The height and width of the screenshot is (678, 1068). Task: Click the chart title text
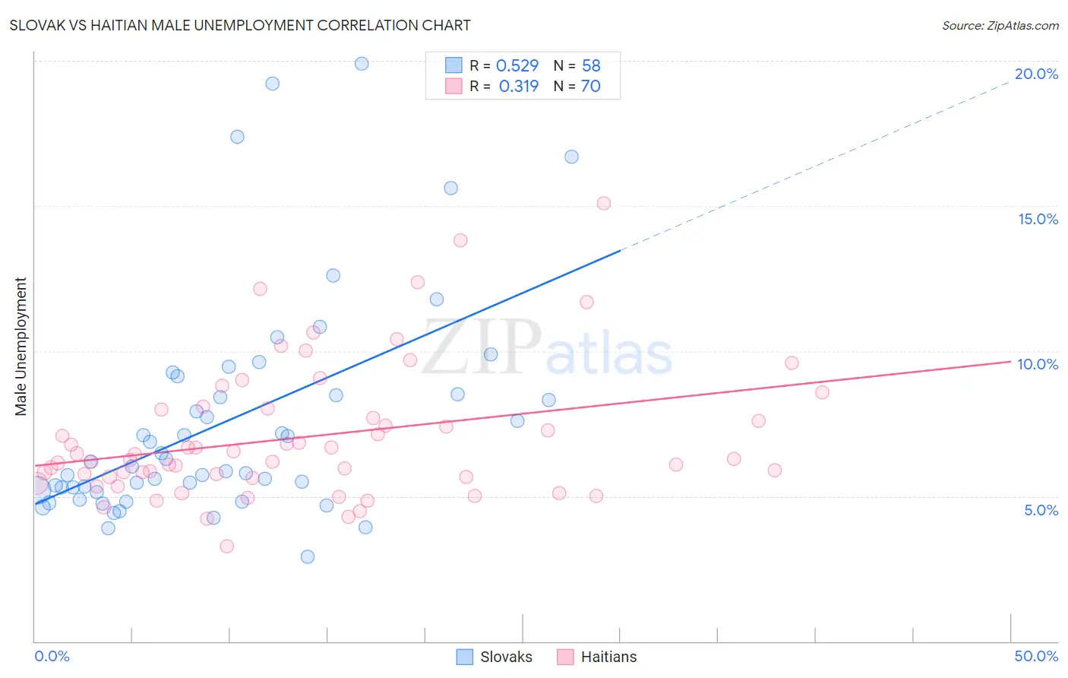click(x=240, y=25)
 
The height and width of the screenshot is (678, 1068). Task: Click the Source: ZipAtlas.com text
click(x=1000, y=25)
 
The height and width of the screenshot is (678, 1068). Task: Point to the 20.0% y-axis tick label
click(x=1036, y=74)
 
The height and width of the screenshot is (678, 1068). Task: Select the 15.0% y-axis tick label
click(x=1038, y=219)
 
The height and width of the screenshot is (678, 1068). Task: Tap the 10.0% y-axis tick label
click(x=1038, y=364)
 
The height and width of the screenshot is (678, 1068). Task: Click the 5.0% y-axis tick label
click(x=1041, y=510)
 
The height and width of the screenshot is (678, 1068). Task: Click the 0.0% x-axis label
click(x=52, y=656)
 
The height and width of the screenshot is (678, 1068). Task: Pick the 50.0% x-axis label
click(x=1036, y=656)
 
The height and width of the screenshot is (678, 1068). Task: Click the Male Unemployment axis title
click(x=21, y=347)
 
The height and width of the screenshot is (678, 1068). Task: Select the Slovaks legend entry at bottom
click(x=495, y=657)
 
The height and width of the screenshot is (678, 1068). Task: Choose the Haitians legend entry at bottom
click(x=597, y=657)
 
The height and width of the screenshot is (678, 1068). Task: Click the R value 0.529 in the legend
click(x=517, y=65)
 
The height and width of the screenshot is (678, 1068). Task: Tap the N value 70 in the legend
click(x=590, y=87)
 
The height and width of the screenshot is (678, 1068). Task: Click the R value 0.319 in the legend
click(x=518, y=87)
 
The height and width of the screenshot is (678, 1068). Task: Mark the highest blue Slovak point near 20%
click(x=362, y=64)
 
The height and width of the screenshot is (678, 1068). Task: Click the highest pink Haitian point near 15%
click(x=604, y=203)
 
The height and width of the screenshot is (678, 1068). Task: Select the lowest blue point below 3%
click(x=308, y=556)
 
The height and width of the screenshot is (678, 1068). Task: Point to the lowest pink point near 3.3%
click(x=226, y=546)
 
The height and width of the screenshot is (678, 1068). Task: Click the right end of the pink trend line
click(x=1010, y=362)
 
